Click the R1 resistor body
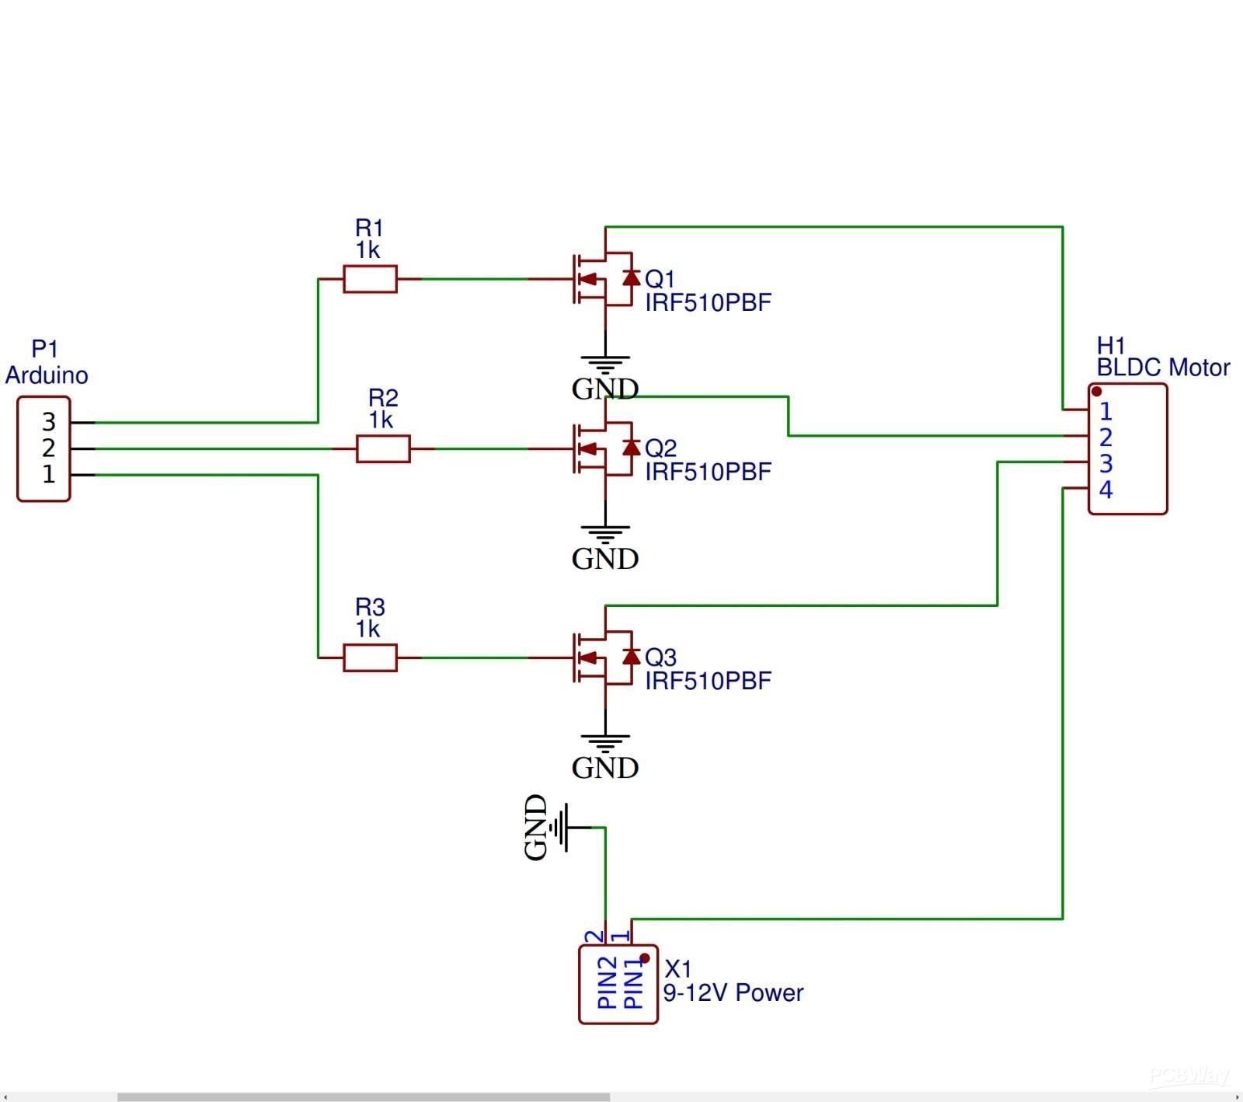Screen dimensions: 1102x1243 click(370, 279)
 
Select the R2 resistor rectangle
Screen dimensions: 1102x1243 click(383, 449)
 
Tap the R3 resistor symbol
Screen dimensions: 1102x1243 click(370, 658)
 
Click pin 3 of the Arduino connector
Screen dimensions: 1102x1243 click(49, 422)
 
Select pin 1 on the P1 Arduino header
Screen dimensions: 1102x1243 click(49, 474)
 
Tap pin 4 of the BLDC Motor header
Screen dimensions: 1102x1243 click(1105, 490)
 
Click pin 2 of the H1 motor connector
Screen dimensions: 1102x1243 click(1105, 438)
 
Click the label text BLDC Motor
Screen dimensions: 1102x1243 click(1163, 368)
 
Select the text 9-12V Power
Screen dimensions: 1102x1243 click(733, 992)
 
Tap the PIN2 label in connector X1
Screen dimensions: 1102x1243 click(608, 983)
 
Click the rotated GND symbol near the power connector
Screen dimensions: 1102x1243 click(553, 828)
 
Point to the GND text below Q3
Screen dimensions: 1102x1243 click(604, 768)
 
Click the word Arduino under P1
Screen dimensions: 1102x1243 click(47, 375)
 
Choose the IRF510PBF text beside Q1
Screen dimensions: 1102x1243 click(708, 302)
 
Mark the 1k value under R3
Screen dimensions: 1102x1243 click(368, 629)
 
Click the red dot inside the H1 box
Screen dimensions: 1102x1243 click(1096, 392)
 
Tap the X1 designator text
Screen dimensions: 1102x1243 click(678, 968)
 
